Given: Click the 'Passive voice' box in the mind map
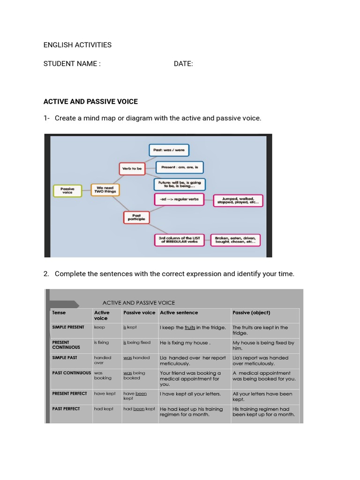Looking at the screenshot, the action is pyautogui.click(x=67, y=190).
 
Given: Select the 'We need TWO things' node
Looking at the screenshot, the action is pyautogui.click(x=105, y=189).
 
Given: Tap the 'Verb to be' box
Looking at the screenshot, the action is pyautogui.click(x=132, y=169).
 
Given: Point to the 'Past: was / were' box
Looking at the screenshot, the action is pyautogui.click(x=169, y=150).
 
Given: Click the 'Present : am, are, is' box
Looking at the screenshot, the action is pyautogui.click(x=180, y=167).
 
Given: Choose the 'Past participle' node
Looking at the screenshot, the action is pyautogui.click(x=136, y=217).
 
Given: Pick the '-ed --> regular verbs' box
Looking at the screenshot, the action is pyautogui.click(x=179, y=199).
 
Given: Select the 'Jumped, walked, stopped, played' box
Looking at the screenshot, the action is pyautogui.click(x=238, y=201).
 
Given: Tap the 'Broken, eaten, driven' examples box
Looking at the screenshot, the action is pyautogui.click(x=235, y=240).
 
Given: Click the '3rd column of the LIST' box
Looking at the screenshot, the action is pyautogui.click(x=180, y=240).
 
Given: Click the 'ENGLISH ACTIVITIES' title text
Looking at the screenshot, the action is pyautogui.click(x=77, y=45).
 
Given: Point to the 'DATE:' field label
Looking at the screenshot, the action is pyautogui.click(x=183, y=64).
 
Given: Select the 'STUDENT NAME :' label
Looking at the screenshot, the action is pyautogui.click(x=72, y=64).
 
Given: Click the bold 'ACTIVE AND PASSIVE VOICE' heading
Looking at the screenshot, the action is pyautogui.click(x=90, y=101).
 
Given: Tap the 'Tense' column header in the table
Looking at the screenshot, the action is pyautogui.click(x=59, y=313).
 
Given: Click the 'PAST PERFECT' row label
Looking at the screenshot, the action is pyautogui.click(x=66, y=409).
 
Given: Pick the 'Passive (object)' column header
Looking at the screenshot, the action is pyautogui.click(x=251, y=313).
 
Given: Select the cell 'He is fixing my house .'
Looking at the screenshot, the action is pyautogui.click(x=185, y=343).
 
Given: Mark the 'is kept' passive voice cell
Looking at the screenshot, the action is pyautogui.click(x=130, y=327).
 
